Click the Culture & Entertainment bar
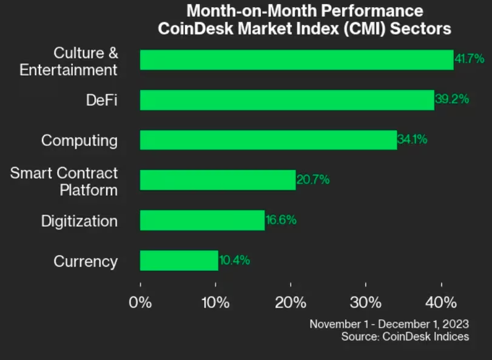tap(297, 60)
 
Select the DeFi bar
tap(287, 100)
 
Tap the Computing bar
tap(268, 140)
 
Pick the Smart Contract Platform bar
tap(218, 180)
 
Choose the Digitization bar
tap(202, 220)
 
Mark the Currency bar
tap(179, 260)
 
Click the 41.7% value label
tap(469, 59)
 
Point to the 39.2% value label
tap(451, 99)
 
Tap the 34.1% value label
tap(413, 139)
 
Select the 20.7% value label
tap(312, 179)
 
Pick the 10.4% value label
tap(234, 260)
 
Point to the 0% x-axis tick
tap(140, 302)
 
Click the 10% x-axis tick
tap(215, 302)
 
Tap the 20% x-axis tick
tap(291, 302)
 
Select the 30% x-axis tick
tap(366, 302)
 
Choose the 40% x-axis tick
tap(441, 302)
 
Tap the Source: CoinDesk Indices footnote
tap(405, 336)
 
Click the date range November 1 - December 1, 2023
tap(389, 324)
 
